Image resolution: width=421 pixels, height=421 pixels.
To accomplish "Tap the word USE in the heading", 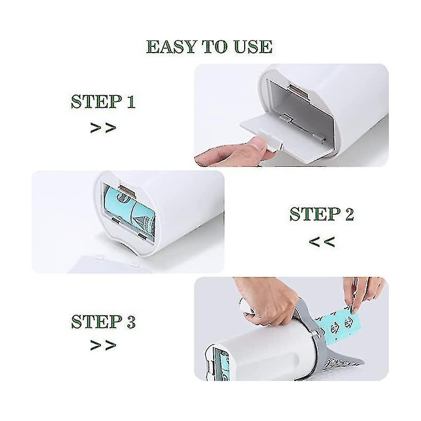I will (x=251, y=47).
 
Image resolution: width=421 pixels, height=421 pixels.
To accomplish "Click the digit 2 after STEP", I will (x=347, y=215).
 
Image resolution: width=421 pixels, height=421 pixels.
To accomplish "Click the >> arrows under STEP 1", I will (x=103, y=128).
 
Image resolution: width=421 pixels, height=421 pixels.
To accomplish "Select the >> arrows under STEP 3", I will (x=103, y=346).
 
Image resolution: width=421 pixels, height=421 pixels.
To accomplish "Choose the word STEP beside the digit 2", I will (x=314, y=215).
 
